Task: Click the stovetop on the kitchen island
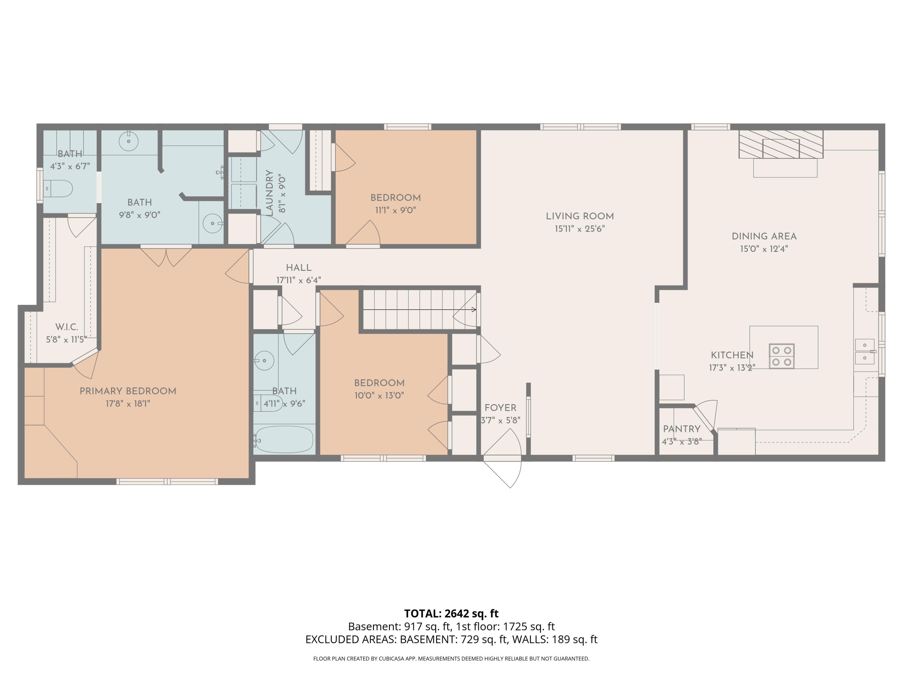click(781, 356)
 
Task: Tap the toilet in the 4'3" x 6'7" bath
click(58, 189)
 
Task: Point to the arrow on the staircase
click(420, 310)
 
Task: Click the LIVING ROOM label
click(580, 216)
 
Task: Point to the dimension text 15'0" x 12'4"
click(764, 249)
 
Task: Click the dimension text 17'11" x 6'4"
click(298, 280)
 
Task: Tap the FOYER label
click(500, 408)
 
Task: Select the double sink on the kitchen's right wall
click(865, 351)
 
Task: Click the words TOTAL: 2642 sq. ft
click(451, 613)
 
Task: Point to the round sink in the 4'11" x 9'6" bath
click(264, 361)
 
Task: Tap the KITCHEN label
click(732, 355)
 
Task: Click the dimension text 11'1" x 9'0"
click(396, 210)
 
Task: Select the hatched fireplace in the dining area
click(780, 144)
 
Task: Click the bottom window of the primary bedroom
click(167, 481)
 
